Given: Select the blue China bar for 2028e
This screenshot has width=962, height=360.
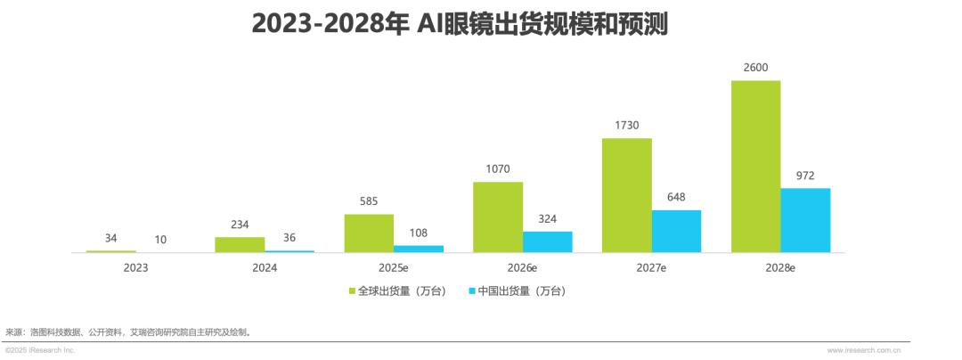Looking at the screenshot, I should coord(805,220).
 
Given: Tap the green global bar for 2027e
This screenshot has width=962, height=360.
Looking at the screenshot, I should coord(626,195).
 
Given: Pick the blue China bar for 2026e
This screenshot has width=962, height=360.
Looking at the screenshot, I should coord(547,241).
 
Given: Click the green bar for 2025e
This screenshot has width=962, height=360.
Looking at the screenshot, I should coord(369,233).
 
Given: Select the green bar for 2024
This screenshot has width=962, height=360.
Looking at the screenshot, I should coord(240,244).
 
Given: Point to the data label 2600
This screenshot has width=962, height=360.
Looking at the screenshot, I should coord(755,68).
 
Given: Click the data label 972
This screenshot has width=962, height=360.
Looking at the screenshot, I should coord(805,176).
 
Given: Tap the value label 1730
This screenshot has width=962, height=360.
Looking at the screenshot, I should coord(626,126).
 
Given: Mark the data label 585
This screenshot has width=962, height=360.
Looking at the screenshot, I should coord(369,201).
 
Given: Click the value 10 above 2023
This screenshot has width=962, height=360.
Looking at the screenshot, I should coord(160,239).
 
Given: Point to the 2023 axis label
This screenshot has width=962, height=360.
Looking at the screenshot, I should coord(136,266).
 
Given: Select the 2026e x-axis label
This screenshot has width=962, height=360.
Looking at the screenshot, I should coord(523,266).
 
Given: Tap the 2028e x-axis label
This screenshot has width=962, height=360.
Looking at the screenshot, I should coord(780,266).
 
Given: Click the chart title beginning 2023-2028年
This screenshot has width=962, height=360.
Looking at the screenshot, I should coord(459,23).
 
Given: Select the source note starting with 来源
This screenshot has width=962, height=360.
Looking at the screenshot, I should coord(128,332).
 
